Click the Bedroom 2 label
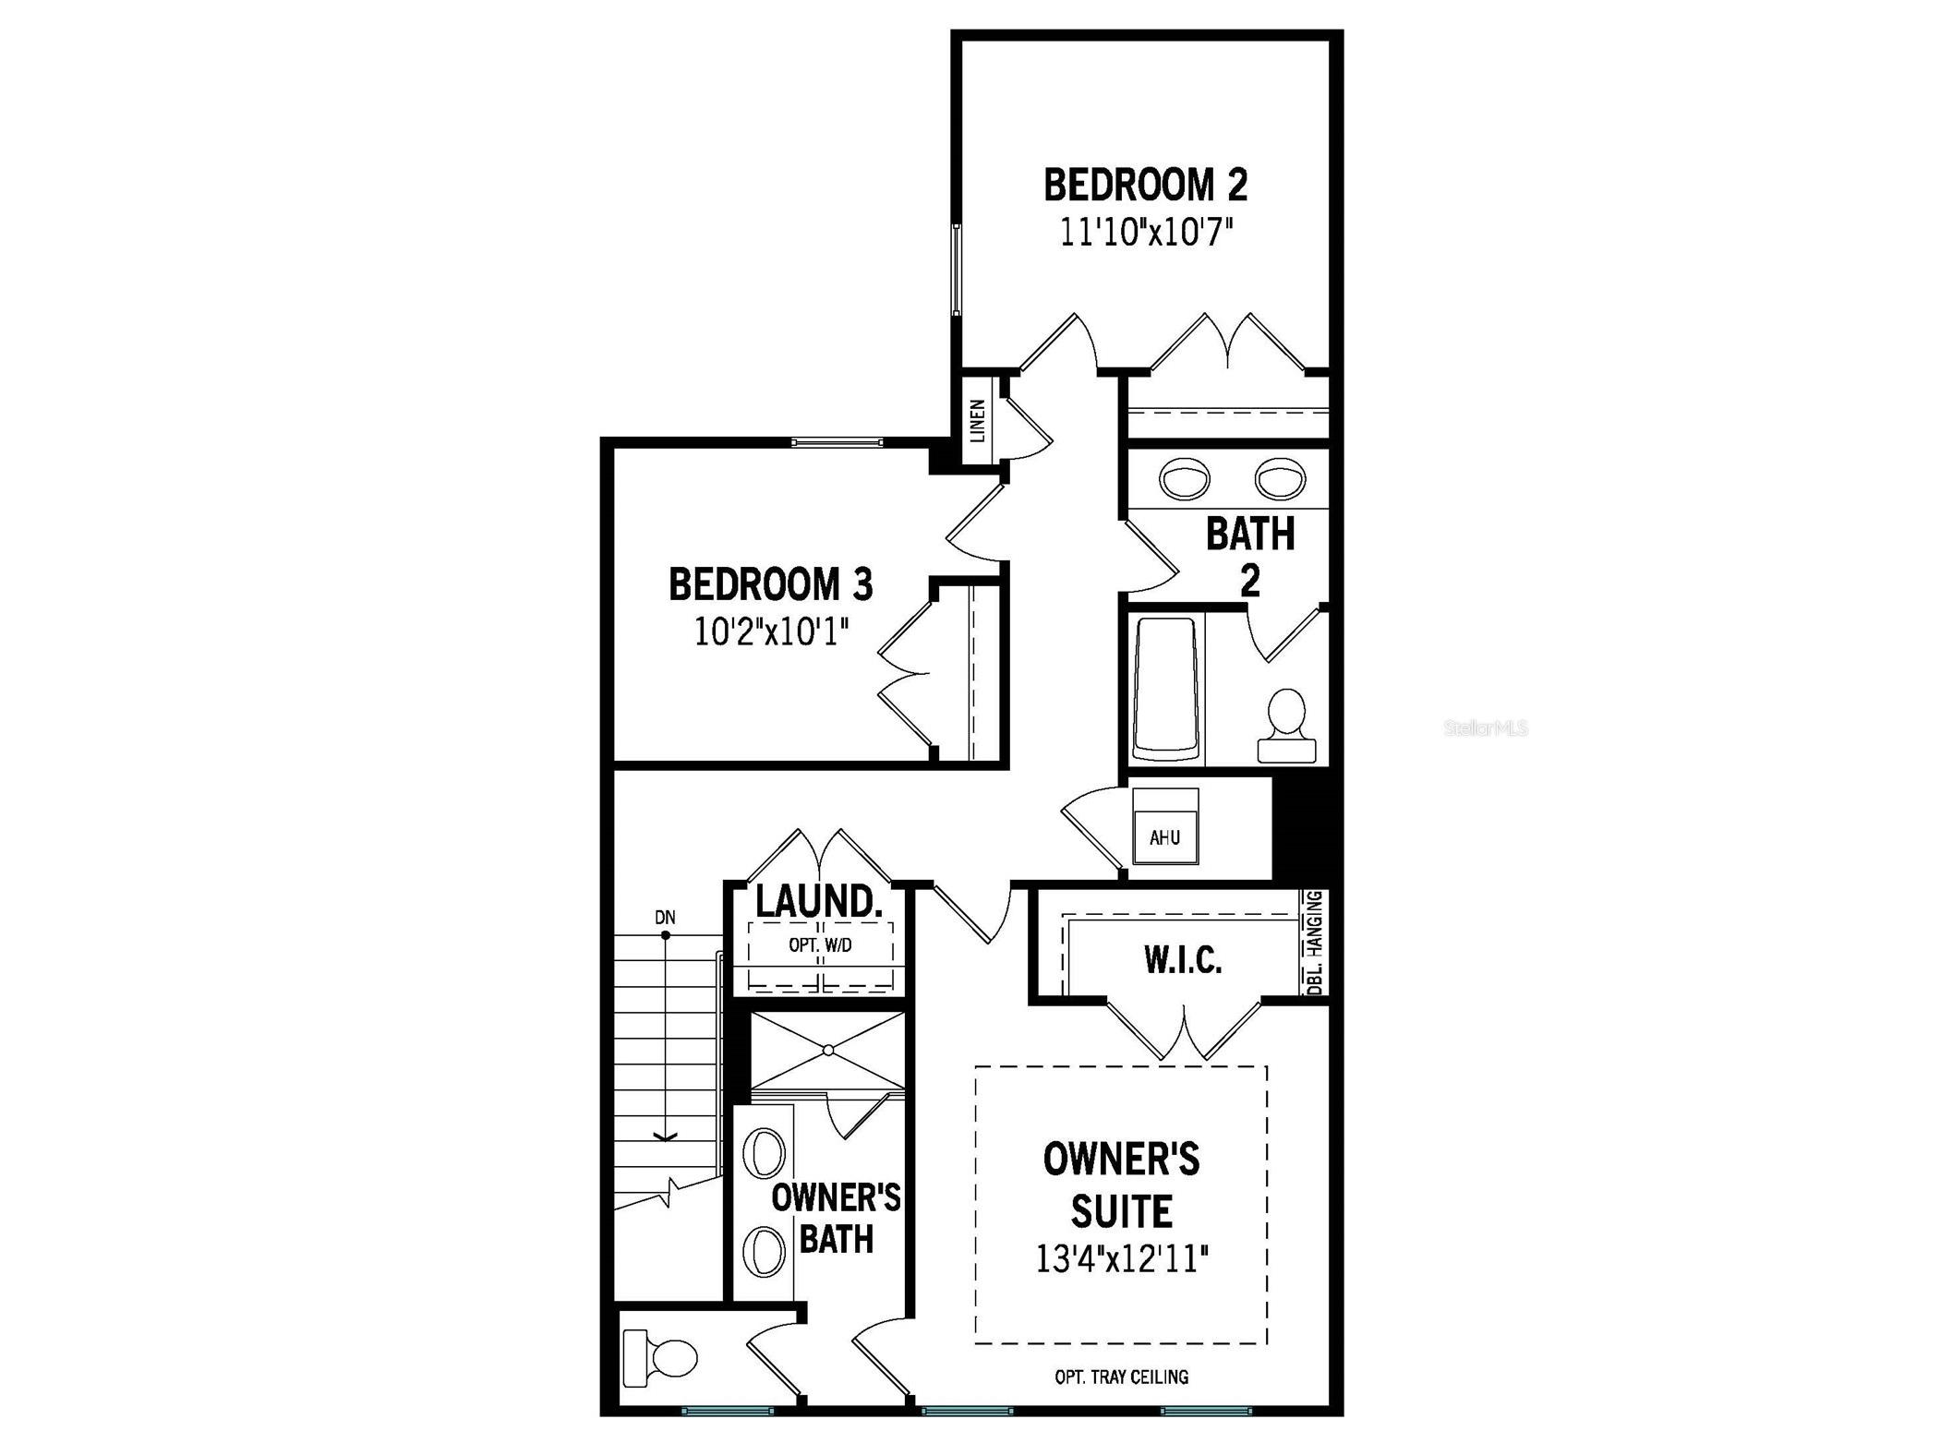click(x=1145, y=185)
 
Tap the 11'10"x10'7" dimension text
click(x=1146, y=233)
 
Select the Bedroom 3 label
click(x=771, y=584)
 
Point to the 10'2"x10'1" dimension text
click(x=772, y=632)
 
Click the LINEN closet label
click(x=978, y=419)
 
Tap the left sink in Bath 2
click(x=1185, y=479)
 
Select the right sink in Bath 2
click(x=1280, y=479)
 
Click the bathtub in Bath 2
click(x=1164, y=689)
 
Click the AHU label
click(x=1164, y=838)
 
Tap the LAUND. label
click(x=818, y=902)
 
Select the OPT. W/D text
click(x=820, y=945)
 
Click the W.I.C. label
click(x=1183, y=961)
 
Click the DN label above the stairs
click(x=665, y=918)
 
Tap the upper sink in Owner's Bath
click(x=765, y=1153)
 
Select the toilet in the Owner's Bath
click(x=660, y=1358)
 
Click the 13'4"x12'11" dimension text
click(x=1122, y=1260)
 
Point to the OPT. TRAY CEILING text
click(x=1122, y=1377)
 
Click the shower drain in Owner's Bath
click(x=828, y=1050)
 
